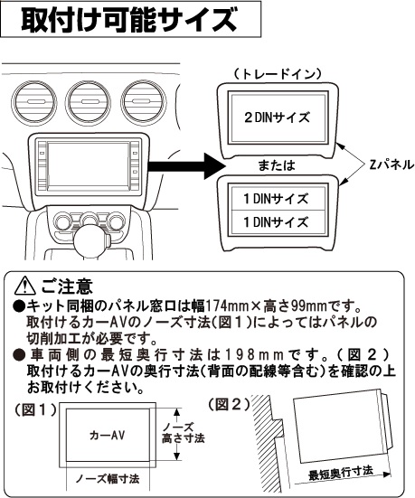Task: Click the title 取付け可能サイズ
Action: pos(130,20)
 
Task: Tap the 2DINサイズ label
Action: pos(278,117)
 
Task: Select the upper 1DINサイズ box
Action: pos(278,198)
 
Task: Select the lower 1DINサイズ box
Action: pos(278,222)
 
